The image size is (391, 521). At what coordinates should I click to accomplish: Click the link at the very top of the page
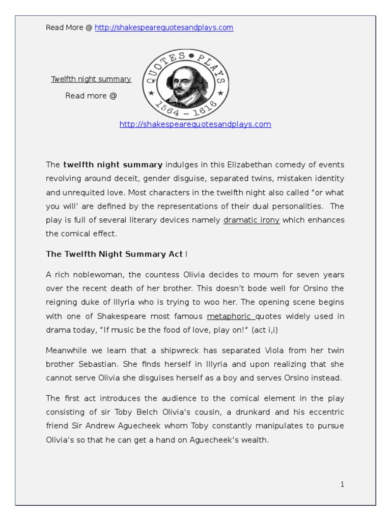[164, 27]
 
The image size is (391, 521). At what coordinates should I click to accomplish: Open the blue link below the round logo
[195, 124]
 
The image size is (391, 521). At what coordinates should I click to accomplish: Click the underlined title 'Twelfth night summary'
[91, 79]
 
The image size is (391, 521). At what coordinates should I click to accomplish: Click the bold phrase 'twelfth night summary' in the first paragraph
[113, 164]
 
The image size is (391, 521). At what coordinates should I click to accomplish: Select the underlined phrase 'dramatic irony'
[252, 220]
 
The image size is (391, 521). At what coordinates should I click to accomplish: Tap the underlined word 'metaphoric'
[226, 316]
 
